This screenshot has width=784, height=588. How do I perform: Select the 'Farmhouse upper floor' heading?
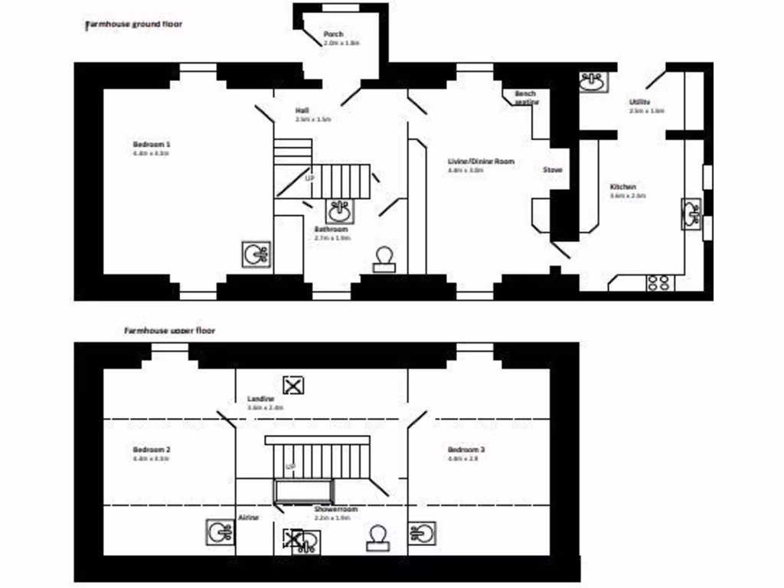(x=169, y=331)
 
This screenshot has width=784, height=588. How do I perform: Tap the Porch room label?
(x=333, y=34)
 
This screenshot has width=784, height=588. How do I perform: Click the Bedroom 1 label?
(x=151, y=144)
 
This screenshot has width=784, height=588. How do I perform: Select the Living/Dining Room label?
(x=481, y=162)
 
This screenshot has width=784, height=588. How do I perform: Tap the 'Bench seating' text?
(x=526, y=97)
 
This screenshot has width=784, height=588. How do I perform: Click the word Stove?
(x=553, y=170)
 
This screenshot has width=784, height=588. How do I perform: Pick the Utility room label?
(x=640, y=102)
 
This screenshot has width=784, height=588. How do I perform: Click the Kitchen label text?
(x=622, y=187)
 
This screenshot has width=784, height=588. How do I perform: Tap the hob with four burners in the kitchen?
(x=658, y=282)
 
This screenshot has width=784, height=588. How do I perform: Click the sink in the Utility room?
(x=591, y=80)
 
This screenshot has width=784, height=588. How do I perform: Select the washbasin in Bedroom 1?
(x=255, y=254)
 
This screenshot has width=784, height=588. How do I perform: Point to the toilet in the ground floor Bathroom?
(x=383, y=259)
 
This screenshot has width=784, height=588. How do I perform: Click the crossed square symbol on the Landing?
(x=293, y=384)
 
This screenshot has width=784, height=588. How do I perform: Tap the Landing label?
(x=261, y=399)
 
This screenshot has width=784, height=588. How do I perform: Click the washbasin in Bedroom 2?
(x=219, y=531)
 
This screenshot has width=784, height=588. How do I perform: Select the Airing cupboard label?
(x=249, y=518)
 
